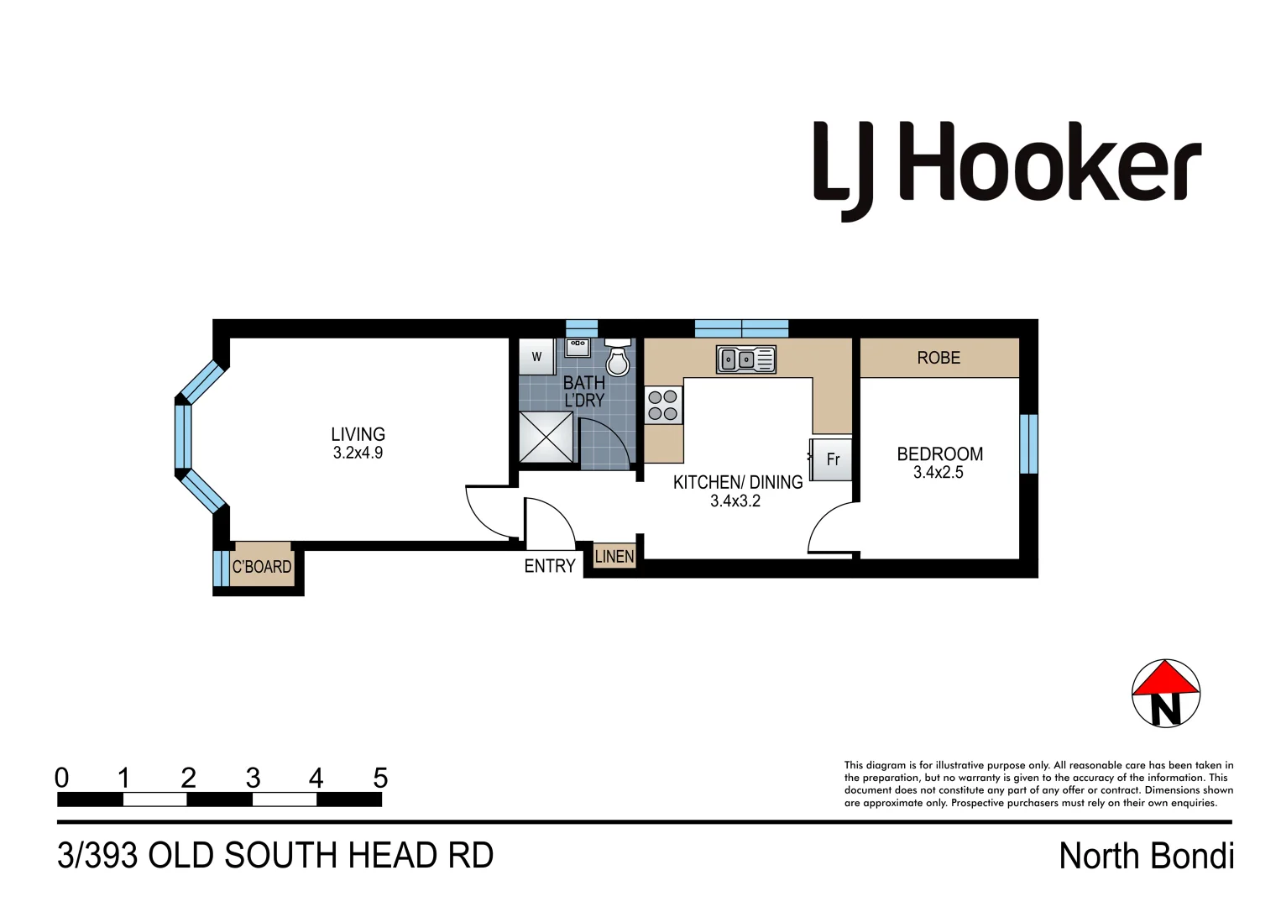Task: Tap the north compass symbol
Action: [x=1166, y=694]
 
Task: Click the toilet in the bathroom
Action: [x=618, y=359]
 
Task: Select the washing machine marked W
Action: [x=536, y=357]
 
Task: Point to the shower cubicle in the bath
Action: [x=546, y=437]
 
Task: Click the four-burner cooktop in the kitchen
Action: [x=662, y=405]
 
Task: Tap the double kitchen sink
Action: [x=745, y=359]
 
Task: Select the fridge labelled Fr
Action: [x=831, y=459]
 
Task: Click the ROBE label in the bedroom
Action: [x=939, y=358]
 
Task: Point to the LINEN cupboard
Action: [x=614, y=556]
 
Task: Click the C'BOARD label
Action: [x=262, y=567]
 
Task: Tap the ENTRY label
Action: [x=550, y=566]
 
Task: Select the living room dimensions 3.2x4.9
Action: [x=358, y=453]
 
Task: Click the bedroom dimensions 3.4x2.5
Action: [x=939, y=473]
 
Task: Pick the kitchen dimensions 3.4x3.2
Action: [x=735, y=501]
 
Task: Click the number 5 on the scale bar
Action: [x=380, y=779]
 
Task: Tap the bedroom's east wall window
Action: [x=1028, y=443]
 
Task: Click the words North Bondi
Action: [x=1146, y=856]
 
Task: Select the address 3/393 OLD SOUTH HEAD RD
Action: [x=275, y=856]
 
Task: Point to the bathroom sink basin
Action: [x=578, y=346]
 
